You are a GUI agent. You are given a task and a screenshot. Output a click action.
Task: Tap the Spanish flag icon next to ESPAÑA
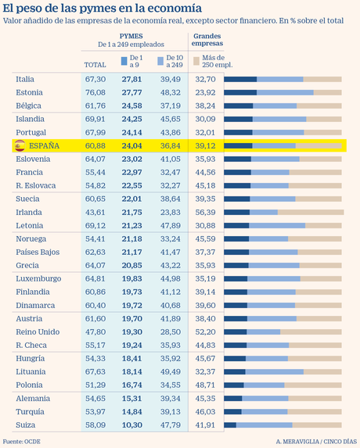[x=20, y=145]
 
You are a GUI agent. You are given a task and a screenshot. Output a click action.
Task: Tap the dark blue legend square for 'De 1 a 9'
[x=124, y=59]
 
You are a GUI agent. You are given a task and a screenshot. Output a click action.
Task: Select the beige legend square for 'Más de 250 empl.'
[x=197, y=59]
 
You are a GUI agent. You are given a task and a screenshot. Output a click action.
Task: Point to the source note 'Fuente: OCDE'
[x=24, y=441]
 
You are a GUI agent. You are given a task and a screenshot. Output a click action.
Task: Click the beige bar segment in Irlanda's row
[x=311, y=212]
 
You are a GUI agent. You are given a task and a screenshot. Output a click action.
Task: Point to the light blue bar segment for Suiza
[x=264, y=425]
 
